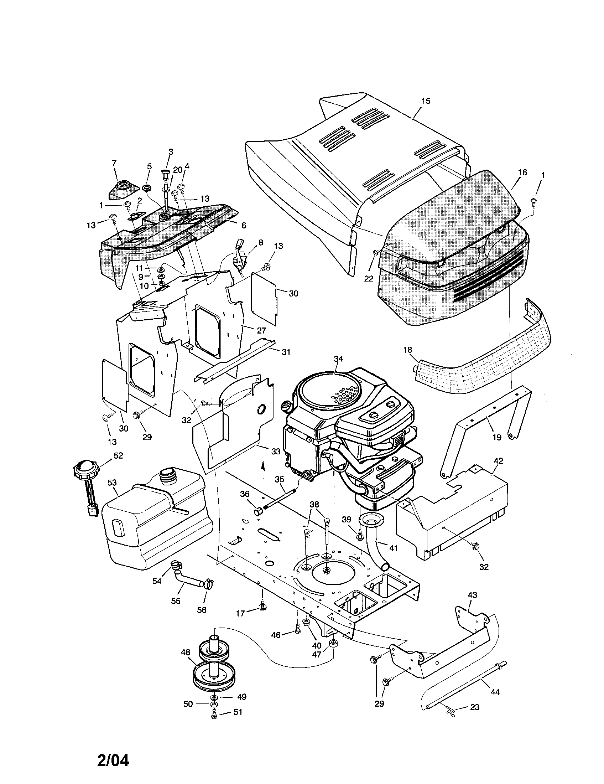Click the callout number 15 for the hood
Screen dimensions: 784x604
click(x=425, y=101)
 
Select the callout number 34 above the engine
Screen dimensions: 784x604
click(x=338, y=359)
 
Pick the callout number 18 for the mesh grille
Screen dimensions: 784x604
click(x=407, y=350)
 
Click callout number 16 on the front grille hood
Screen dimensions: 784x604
click(x=522, y=172)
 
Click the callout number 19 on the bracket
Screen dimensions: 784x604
click(x=497, y=438)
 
